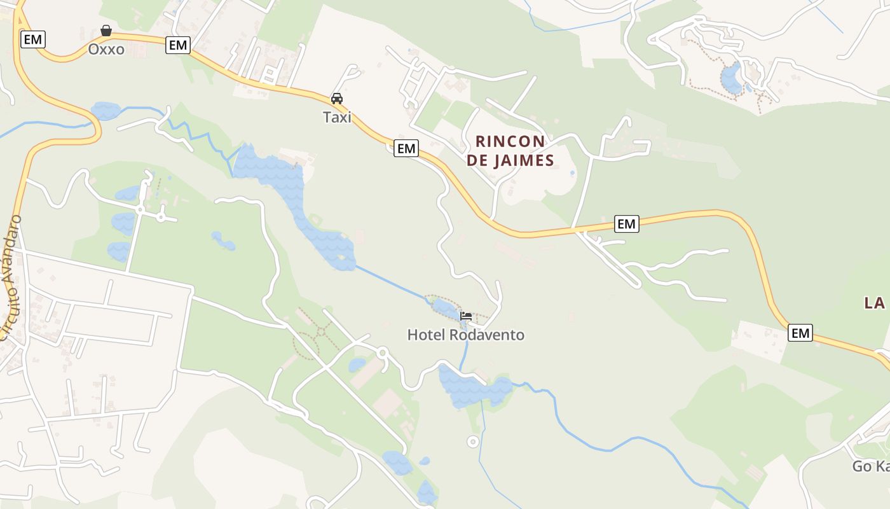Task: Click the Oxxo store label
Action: click(x=106, y=49)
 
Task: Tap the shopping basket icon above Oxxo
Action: click(x=106, y=31)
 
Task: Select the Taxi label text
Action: click(x=337, y=117)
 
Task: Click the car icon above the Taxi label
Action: click(x=337, y=99)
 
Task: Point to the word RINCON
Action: click(x=510, y=141)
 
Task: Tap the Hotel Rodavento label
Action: click(x=466, y=335)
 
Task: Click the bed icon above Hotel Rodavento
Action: click(x=466, y=316)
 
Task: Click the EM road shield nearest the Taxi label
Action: click(x=406, y=149)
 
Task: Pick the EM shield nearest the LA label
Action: click(x=800, y=332)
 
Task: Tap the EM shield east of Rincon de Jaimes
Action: click(x=626, y=223)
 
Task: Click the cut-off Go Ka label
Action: click(x=870, y=466)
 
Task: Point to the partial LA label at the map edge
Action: click(x=875, y=303)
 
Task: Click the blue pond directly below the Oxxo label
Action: click(x=106, y=111)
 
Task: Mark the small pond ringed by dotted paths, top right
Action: click(x=731, y=78)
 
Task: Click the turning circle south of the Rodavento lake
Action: click(x=472, y=442)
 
